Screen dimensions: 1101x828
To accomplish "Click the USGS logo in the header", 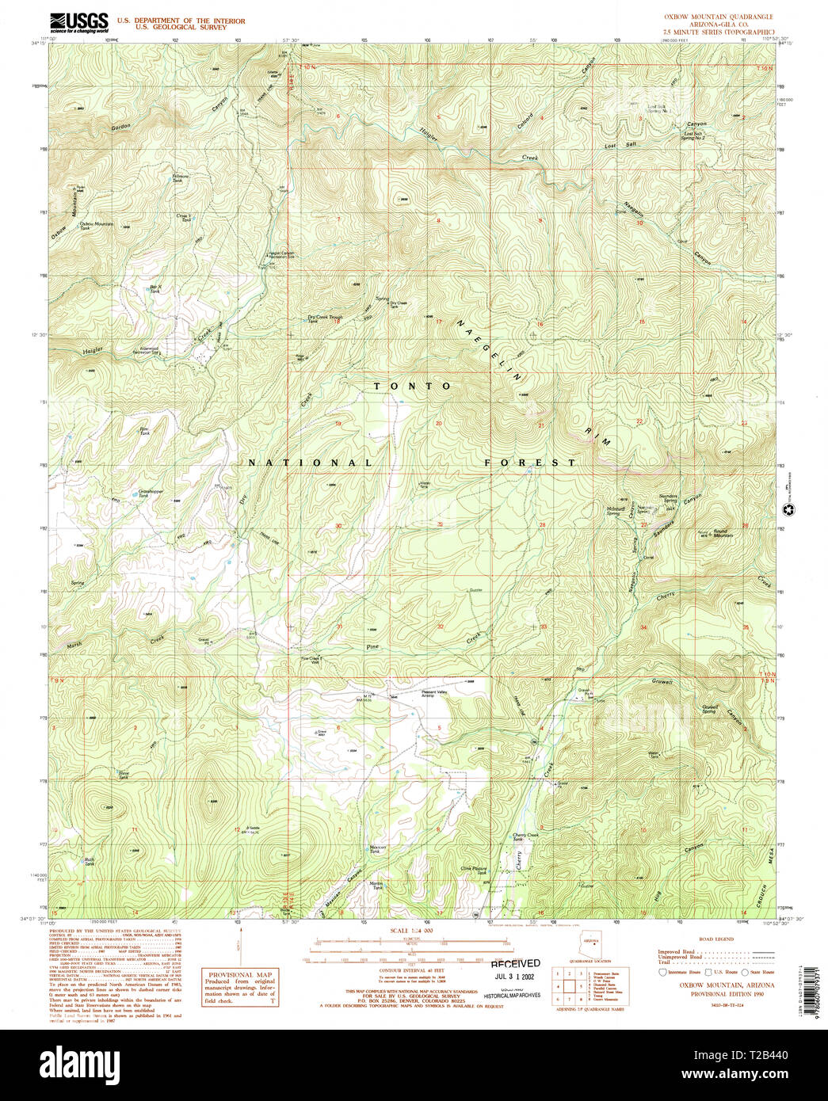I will pos(78,22).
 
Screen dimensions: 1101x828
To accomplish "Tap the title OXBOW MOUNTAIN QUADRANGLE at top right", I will pos(718,17).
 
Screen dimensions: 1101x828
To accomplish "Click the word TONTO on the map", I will pos(413,386).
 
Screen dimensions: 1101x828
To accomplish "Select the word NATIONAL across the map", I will pos(310,463).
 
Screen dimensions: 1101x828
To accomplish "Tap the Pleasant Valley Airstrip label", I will pos(438,693).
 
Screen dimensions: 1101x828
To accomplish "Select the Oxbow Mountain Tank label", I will pos(96,225).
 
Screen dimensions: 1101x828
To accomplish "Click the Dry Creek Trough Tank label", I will pos(325,318).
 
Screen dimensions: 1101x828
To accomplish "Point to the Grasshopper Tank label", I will pos(151,493).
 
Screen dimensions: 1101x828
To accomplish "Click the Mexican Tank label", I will pos(377,849).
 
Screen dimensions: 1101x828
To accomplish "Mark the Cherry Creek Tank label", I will pos(525,836).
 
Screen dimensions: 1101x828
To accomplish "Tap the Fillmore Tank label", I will pos(181,177).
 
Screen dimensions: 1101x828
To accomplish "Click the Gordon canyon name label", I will pos(120,127).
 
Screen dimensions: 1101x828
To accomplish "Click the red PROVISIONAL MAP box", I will pos(240,987).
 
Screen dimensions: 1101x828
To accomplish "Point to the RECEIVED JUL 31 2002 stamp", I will pos(515,970).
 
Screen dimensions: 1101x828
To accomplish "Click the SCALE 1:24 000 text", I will pos(411,931).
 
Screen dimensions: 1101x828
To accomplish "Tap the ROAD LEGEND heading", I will pos(717,939).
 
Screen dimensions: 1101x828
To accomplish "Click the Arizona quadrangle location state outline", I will pos(590,947).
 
